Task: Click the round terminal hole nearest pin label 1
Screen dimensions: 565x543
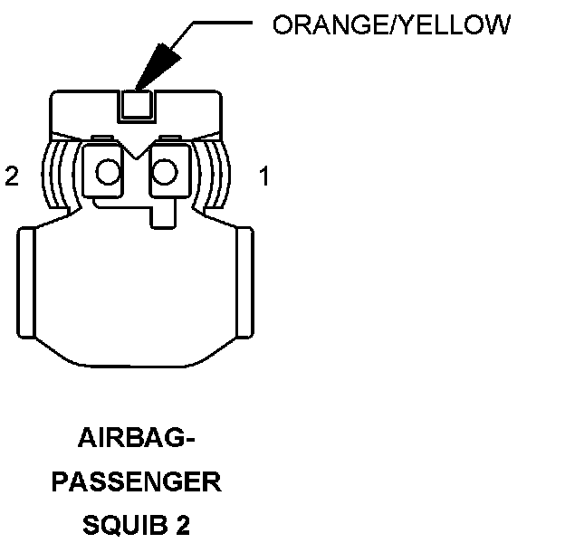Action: pos(166,171)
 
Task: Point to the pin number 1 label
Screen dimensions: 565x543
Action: pos(264,176)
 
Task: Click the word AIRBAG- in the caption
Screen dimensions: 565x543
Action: pos(137,441)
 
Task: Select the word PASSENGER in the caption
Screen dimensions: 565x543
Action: pos(136,482)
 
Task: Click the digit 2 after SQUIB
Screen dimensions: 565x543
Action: pos(184,524)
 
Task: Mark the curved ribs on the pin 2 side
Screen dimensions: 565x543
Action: pos(55,174)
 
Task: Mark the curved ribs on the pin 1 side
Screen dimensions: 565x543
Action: pos(217,174)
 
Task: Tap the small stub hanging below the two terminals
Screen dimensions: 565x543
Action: pos(164,214)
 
